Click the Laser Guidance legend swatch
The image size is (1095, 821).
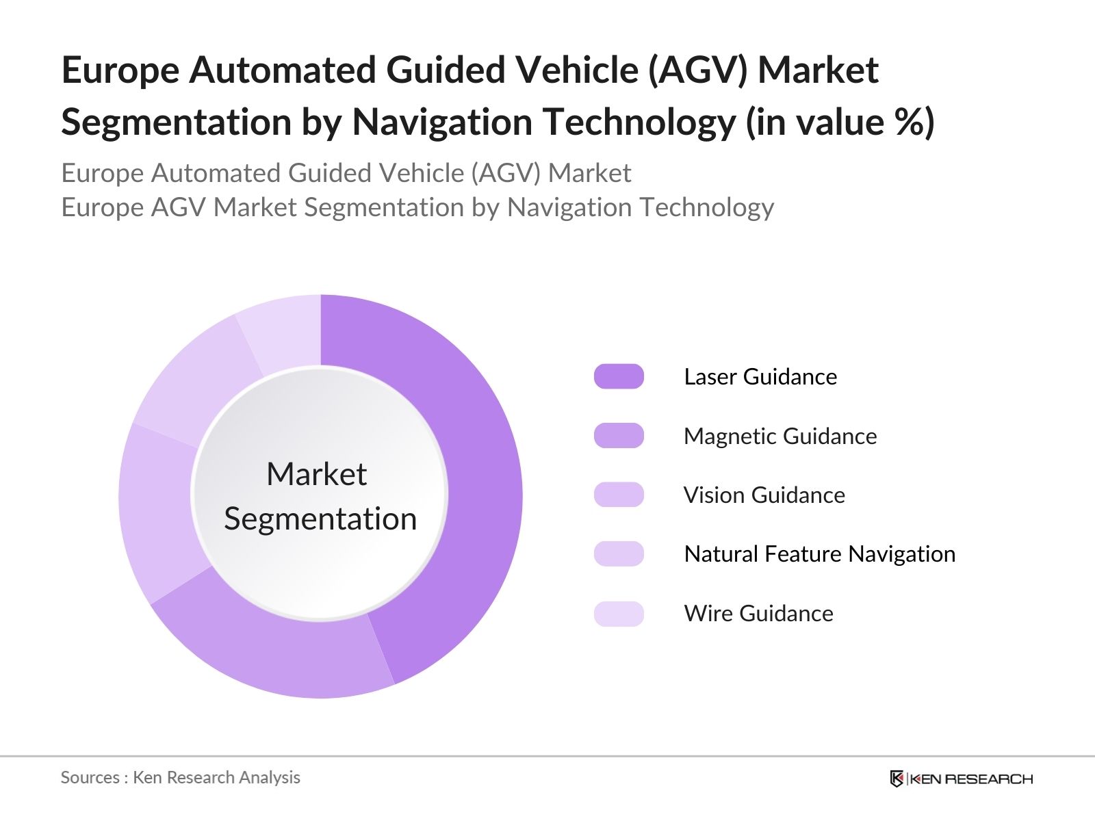[619, 376]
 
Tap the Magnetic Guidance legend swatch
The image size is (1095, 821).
[619, 436]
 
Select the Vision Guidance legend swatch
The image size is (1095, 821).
[619, 495]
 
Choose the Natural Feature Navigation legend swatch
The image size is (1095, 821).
[619, 553]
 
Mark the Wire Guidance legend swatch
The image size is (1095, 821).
[619, 614]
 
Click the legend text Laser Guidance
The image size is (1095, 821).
[760, 377]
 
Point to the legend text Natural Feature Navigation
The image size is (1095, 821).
[819, 554]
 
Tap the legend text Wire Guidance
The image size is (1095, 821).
[758, 614]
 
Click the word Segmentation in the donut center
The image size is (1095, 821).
[320, 519]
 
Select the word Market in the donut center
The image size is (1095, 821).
[316, 474]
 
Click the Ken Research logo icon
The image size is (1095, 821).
[897, 779]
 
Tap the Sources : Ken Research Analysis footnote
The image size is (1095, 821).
[181, 778]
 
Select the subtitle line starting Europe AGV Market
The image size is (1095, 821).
[417, 207]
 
